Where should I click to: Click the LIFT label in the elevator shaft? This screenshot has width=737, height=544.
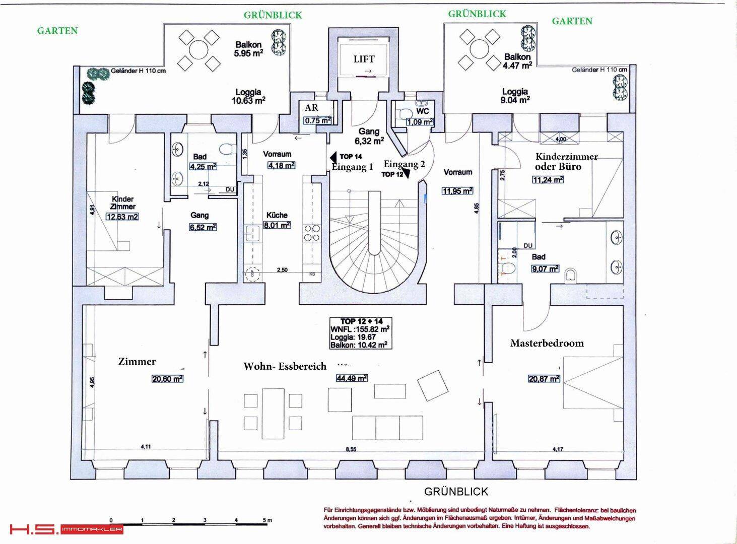pyautogui.click(x=364, y=59)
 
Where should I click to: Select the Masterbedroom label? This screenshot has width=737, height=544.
pyautogui.click(x=547, y=344)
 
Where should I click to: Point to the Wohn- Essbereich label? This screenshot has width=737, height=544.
pyautogui.click(x=285, y=366)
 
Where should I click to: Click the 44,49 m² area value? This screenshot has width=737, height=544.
pyautogui.click(x=351, y=378)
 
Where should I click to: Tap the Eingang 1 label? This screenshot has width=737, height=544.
pyautogui.click(x=352, y=167)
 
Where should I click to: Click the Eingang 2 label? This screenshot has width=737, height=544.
pyautogui.click(x=404, y=164)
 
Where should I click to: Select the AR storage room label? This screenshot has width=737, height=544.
pyautogui.click(x=311, y=108)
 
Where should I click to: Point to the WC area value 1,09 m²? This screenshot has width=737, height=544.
pyautogui.click(x=420, y=122)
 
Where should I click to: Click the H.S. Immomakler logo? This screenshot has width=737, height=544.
pyautogui.click(x=66, y=529)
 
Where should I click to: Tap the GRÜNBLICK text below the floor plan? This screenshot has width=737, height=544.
pyautogui.click(x=456, y=491)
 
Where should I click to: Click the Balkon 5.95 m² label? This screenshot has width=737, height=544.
pyautogui.click(x=249, y=49)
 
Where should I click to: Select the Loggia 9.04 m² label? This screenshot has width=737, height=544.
pyautogui.click(x=514, y=95)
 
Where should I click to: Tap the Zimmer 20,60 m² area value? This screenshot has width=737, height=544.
pyautogui.click(x=167, y=378)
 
